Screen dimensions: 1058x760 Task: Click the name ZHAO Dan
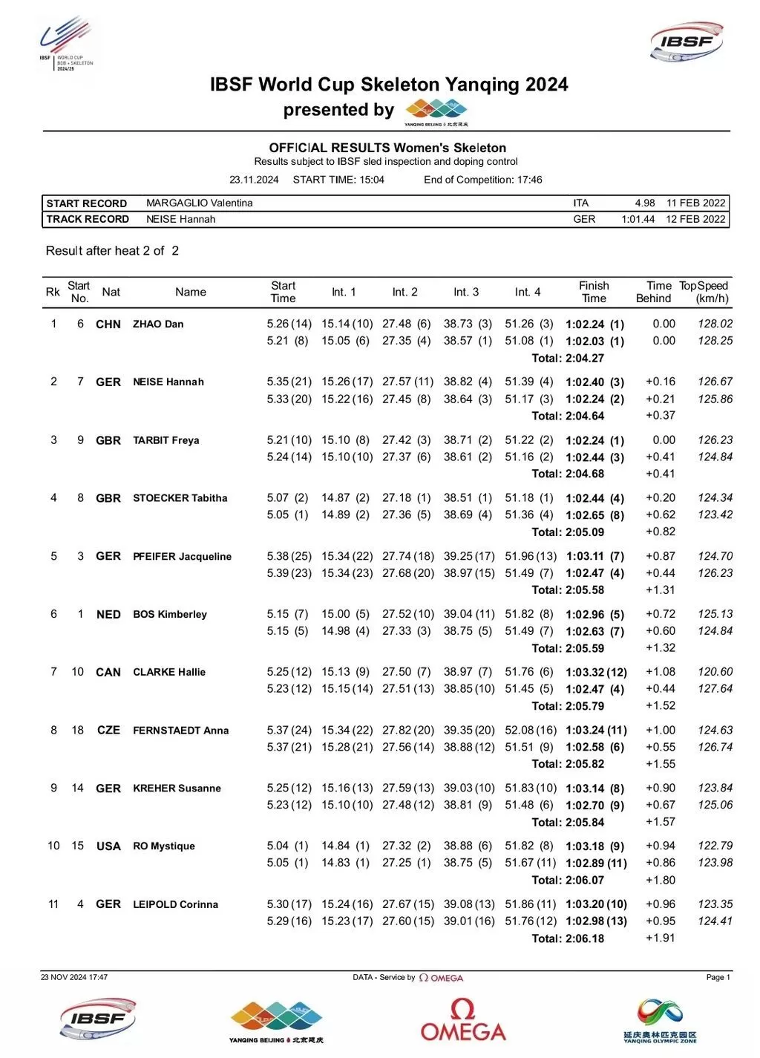point(158,324)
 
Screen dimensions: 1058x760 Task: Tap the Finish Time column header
point(594,292)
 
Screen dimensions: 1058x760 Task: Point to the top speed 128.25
point(715,341)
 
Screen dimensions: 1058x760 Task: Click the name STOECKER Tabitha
point(180,498)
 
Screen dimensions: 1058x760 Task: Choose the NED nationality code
point(108,615)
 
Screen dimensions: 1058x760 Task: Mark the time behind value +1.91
point(660,938)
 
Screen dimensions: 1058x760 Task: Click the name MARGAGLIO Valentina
point(199,203)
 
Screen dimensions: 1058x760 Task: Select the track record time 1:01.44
point(638,220)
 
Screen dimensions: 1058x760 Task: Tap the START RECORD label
point(86,203)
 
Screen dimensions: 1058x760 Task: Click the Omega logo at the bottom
point(462,1020)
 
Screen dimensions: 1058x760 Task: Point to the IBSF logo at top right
point(687,42)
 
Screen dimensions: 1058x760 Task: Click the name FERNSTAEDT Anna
point(180,731)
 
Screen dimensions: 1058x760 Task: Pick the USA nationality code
point(108,846)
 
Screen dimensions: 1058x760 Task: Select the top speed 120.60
point(715,672)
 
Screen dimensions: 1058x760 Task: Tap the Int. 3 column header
point(466,293)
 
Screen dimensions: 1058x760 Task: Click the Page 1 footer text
point(718,977)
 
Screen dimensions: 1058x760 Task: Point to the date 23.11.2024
point(254,180)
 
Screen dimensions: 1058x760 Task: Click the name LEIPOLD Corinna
point(175,904)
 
